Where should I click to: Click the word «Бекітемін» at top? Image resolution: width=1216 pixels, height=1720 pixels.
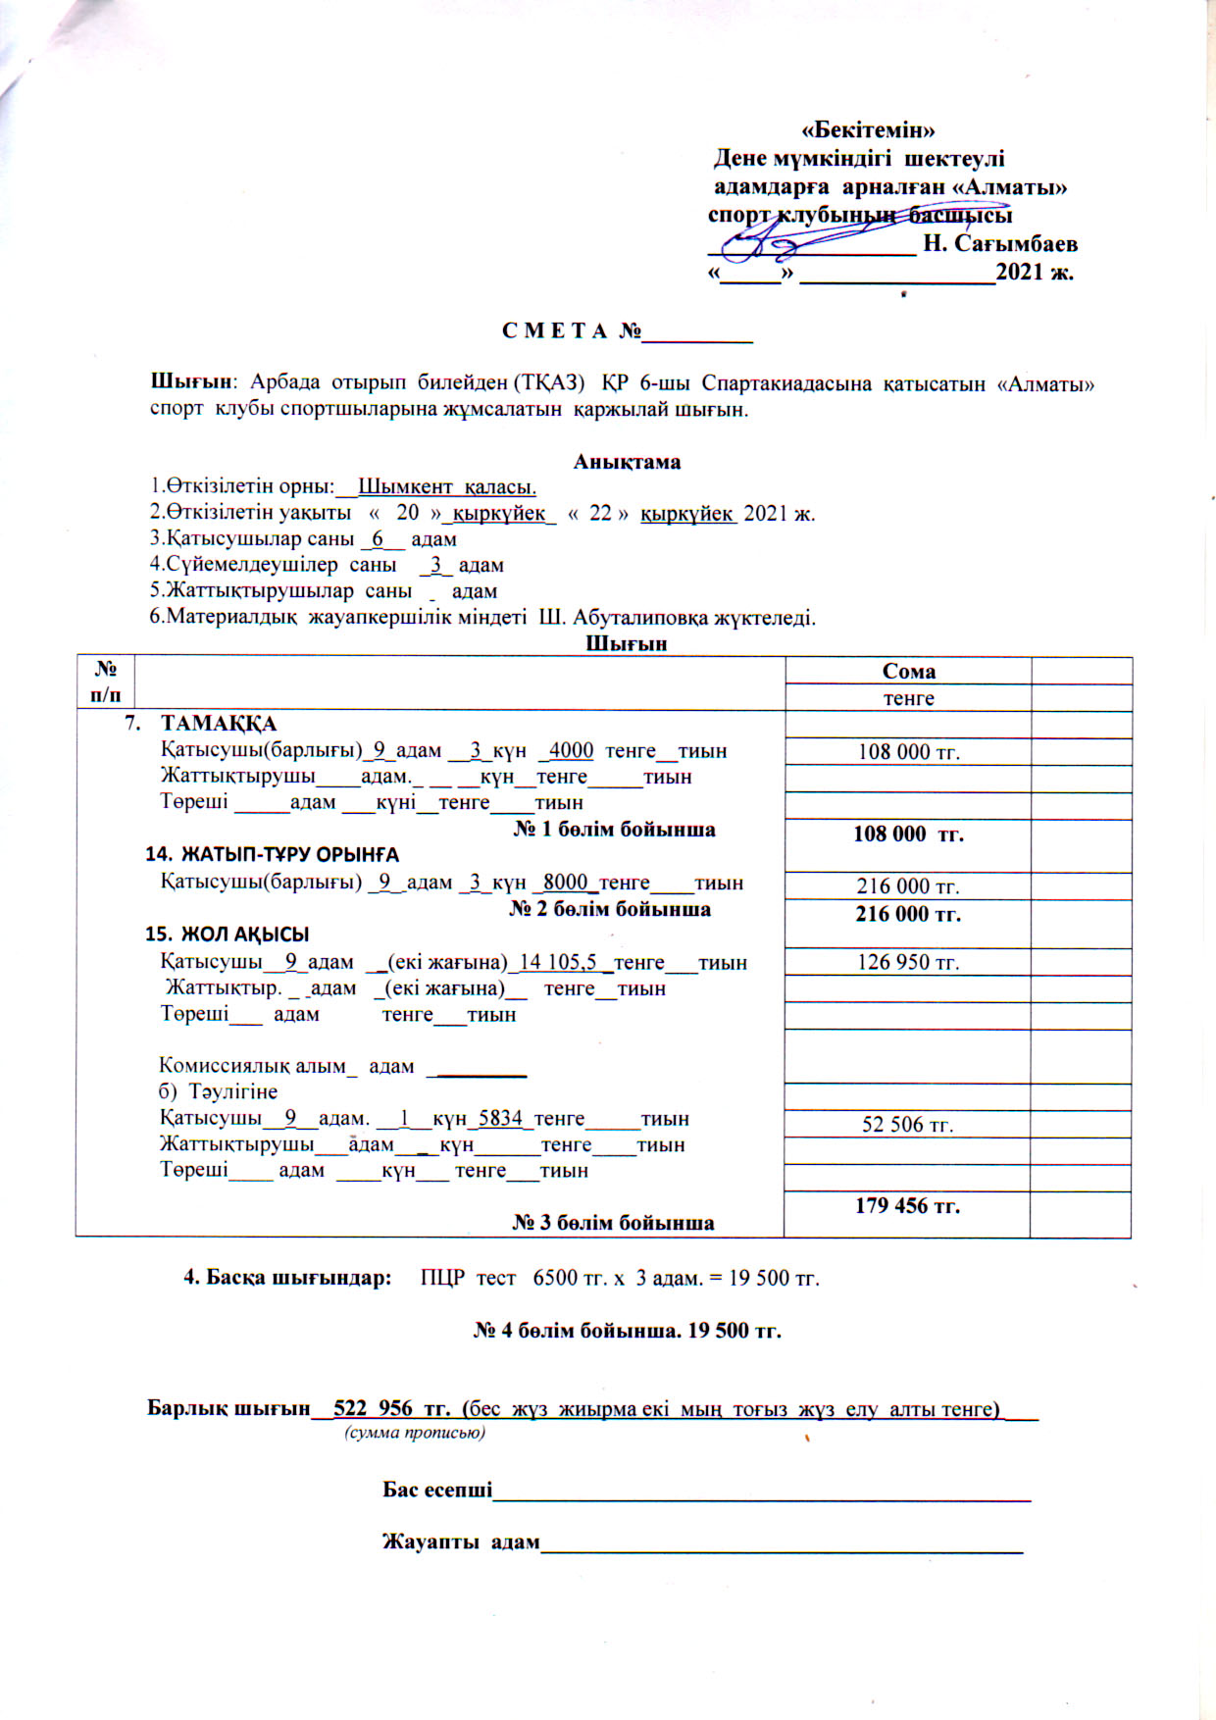click(868, 129)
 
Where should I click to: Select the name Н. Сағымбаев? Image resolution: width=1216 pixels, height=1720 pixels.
click(1000, 243)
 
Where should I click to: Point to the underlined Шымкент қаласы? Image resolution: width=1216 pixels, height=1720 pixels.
click(446, 486)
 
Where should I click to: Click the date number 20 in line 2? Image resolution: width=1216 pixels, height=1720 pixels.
click(407, 513)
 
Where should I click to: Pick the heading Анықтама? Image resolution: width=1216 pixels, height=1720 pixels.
click(627, 462)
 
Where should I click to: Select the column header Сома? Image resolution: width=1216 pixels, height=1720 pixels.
click(908, 672)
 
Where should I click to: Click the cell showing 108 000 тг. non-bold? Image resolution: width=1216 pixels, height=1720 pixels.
click(908, 753)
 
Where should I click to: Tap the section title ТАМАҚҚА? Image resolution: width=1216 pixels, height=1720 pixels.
click(219, 724)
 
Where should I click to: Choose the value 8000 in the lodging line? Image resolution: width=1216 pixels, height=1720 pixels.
click(565, 883)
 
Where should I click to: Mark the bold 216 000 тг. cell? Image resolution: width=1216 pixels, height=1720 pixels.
click(908, 914)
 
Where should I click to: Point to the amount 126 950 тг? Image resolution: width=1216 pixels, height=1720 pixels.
click(908, 962)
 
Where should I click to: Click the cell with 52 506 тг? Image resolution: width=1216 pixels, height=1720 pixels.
click(908, 1125)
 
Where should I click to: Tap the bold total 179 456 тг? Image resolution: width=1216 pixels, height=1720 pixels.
click(907, 1206)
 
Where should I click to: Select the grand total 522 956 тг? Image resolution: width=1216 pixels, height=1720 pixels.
click(390, 1409)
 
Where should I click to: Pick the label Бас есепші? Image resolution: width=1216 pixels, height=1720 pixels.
click(437, 1490)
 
